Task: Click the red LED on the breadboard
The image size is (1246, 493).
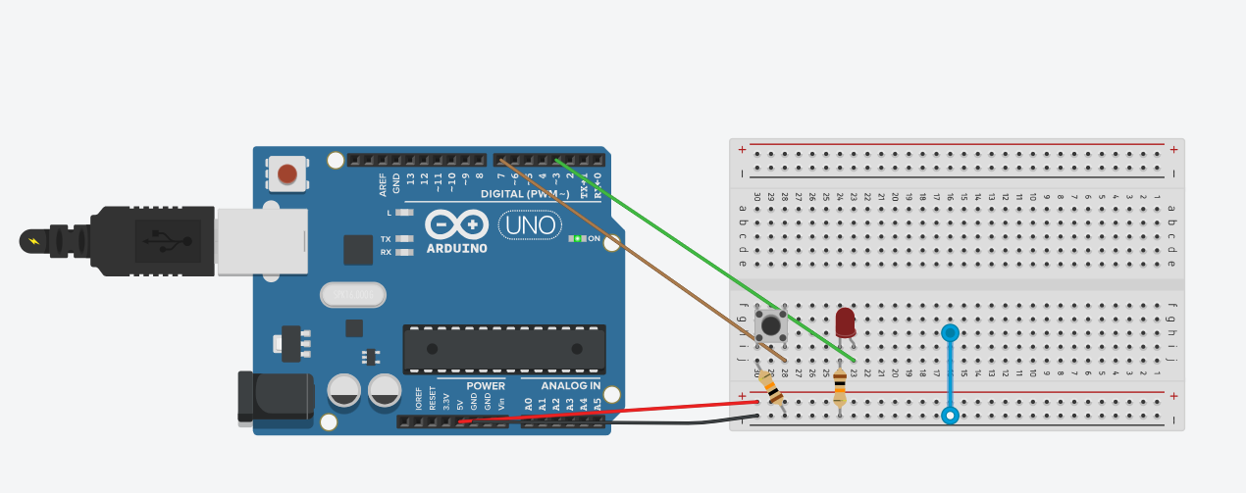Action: [845, 321]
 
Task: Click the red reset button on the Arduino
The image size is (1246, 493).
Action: [286, 174]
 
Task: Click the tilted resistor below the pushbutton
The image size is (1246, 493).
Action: [772, 391]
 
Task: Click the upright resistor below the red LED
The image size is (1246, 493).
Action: [840, 389]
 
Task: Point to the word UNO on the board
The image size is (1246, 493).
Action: [530, 225]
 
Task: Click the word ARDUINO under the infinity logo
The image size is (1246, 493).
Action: [456, 248]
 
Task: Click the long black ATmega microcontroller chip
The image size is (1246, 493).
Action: [503, 349]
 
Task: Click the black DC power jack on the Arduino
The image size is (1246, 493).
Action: [276, 397]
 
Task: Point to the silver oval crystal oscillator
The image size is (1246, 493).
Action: [352, 294]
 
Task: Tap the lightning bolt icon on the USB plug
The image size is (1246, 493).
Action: [35, 241]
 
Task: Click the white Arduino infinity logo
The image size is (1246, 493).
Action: [456, 225]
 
